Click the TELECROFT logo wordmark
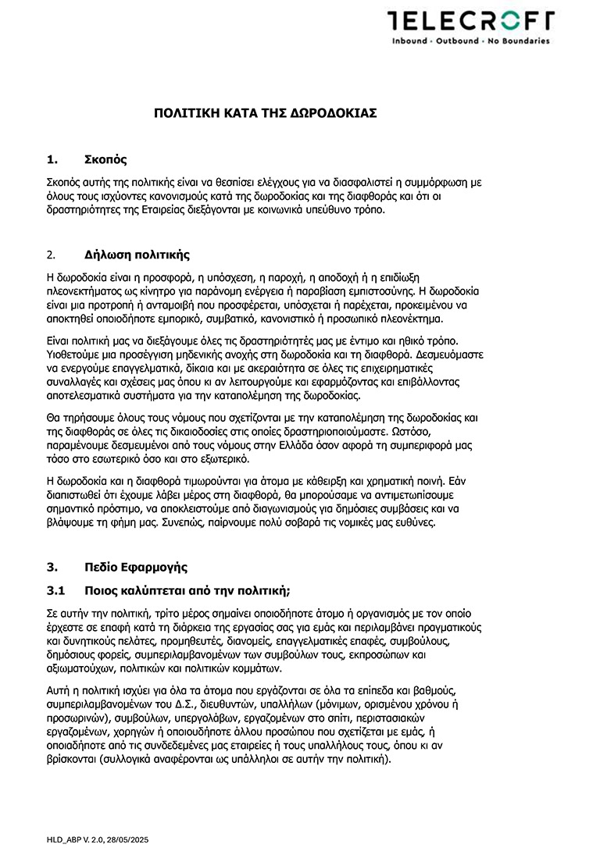470,21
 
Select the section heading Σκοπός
105,160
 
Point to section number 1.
52,160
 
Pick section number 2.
51,255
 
